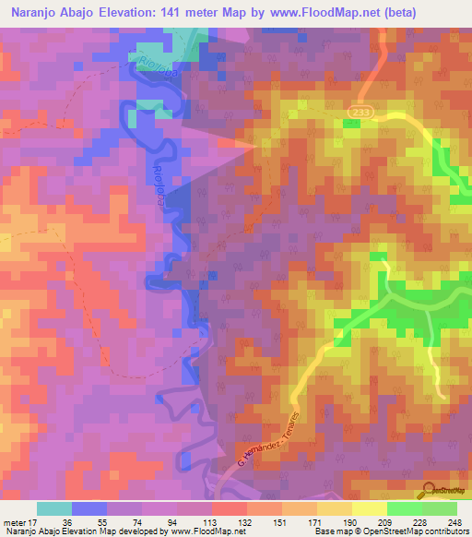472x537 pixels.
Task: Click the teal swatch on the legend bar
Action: pyautogui.click(x=54, y=508)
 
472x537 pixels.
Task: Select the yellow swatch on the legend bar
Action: pyautogui.click(x=370, y=508)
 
